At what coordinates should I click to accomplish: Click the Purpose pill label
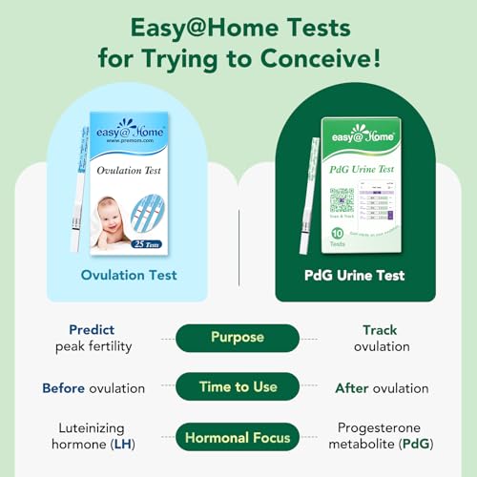238,338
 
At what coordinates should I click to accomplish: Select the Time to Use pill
238,388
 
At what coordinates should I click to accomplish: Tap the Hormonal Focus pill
238,439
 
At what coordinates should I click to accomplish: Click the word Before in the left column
65,388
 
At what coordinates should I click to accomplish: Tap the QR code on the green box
342,203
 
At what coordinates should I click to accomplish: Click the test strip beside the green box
308,196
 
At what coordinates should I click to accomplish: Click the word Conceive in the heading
317,57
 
